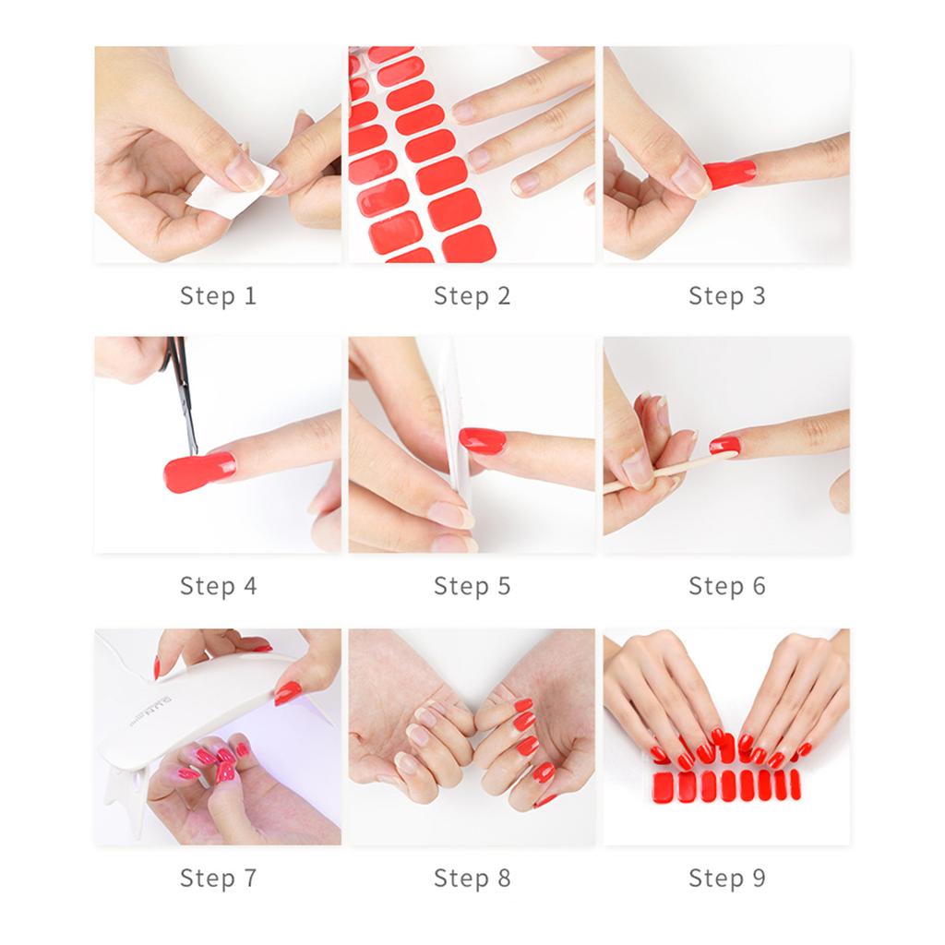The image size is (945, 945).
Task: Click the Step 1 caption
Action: [x=218, y=296]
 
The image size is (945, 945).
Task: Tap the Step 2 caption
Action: [x=472, y=296]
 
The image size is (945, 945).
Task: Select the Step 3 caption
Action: [x=726, y=296]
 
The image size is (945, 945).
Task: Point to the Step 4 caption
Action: [x=218, y=586]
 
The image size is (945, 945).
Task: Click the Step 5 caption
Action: [x=472, y=586]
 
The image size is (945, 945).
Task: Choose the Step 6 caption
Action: [x=726, y=586]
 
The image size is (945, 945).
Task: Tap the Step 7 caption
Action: [x=218, y=878]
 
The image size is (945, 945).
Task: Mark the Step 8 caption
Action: [x=472, y=878]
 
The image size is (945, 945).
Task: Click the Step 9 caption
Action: [x=726, y=878]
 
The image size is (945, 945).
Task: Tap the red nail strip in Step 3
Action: [x=730, y=173]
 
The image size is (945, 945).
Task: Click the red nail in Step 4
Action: [x=198, y=472]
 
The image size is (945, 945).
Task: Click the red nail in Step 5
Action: [x=483, y=440]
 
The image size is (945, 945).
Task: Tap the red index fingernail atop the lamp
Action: [x=287, y=692]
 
